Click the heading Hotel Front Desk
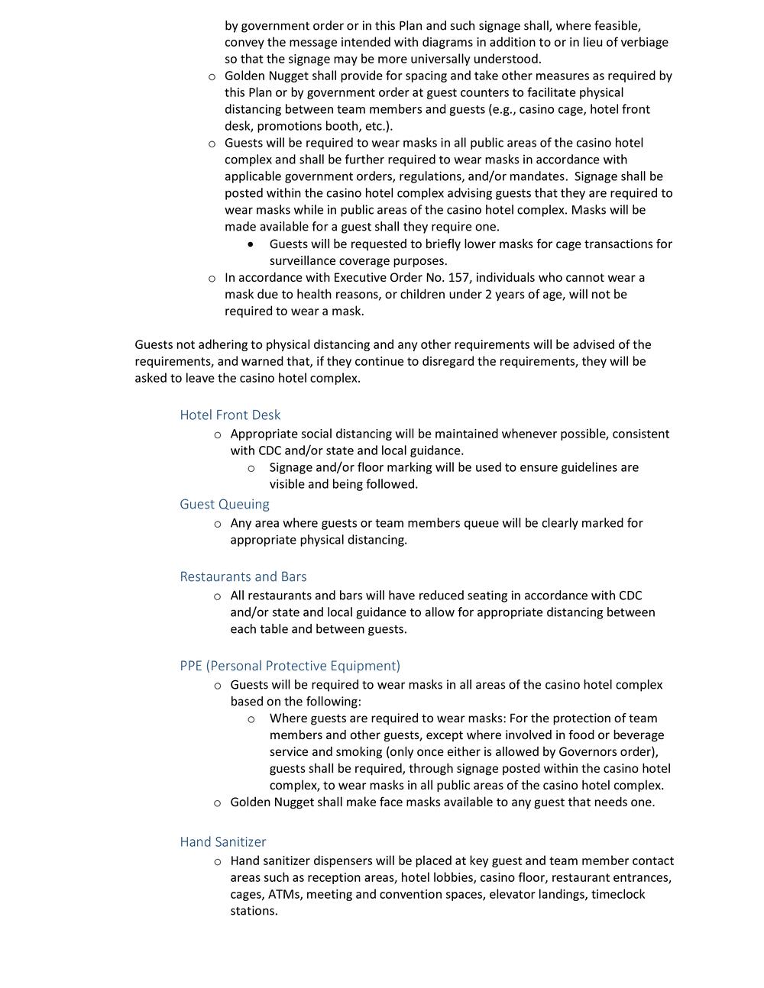(x=230, y=415)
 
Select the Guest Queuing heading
(x=225, y=505)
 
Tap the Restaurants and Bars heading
(x=243, y=577)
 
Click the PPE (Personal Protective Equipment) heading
(x=290, y=666)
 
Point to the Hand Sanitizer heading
(x=223, y=842)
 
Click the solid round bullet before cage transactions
(x=251, y=244)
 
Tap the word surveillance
(x=305, y=261)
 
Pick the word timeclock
(x=618, y=894)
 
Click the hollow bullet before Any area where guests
(x=217, y=525)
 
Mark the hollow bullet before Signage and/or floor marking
(x=251, y=468)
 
